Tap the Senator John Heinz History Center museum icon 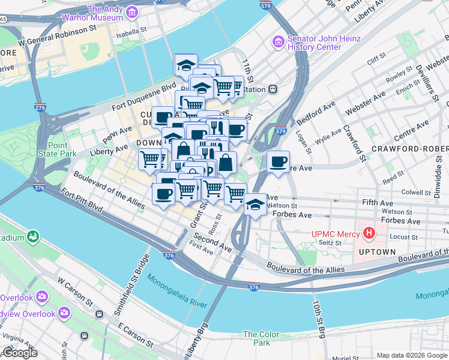277,41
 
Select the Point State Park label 62,149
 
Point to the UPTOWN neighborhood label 378,252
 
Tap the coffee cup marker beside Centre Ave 278,162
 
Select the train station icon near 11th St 273,89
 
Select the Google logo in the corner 19,353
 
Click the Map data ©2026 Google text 412,355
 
